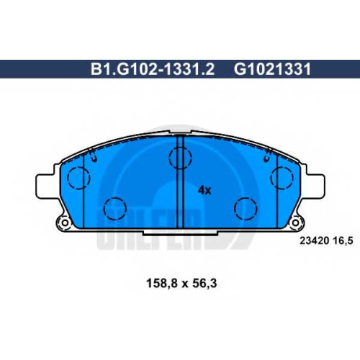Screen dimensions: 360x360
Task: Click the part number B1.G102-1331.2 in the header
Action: pos(153,69)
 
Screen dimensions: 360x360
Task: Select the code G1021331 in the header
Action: pos(272,69)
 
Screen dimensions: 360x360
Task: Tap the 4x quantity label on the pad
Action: pos(204,190)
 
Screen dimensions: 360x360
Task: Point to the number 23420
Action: pos(314,240)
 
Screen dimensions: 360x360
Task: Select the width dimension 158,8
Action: pos(162,283)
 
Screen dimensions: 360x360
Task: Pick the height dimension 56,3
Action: pos(204,283)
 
